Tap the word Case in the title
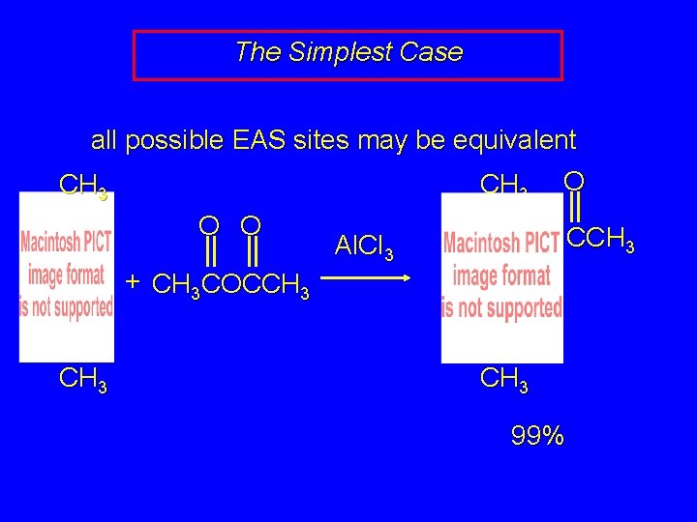pyautogui.click(x=429, y=52)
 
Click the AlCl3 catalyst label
pyautogui.click(x=364, y=248)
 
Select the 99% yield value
pyautogui.click(x=537, y=436)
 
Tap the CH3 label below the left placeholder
pyautogui.click(x=83, y=379)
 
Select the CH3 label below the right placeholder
pyautogui.click(x=504, y=379)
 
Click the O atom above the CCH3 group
pyautogui.click(x=574, y=182)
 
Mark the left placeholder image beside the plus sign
pyautogui.click(x=67, y=276)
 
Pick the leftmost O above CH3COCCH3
pyautogui.click(x=208, y=225)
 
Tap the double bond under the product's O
pyautogui.click(x=574, y=208)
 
